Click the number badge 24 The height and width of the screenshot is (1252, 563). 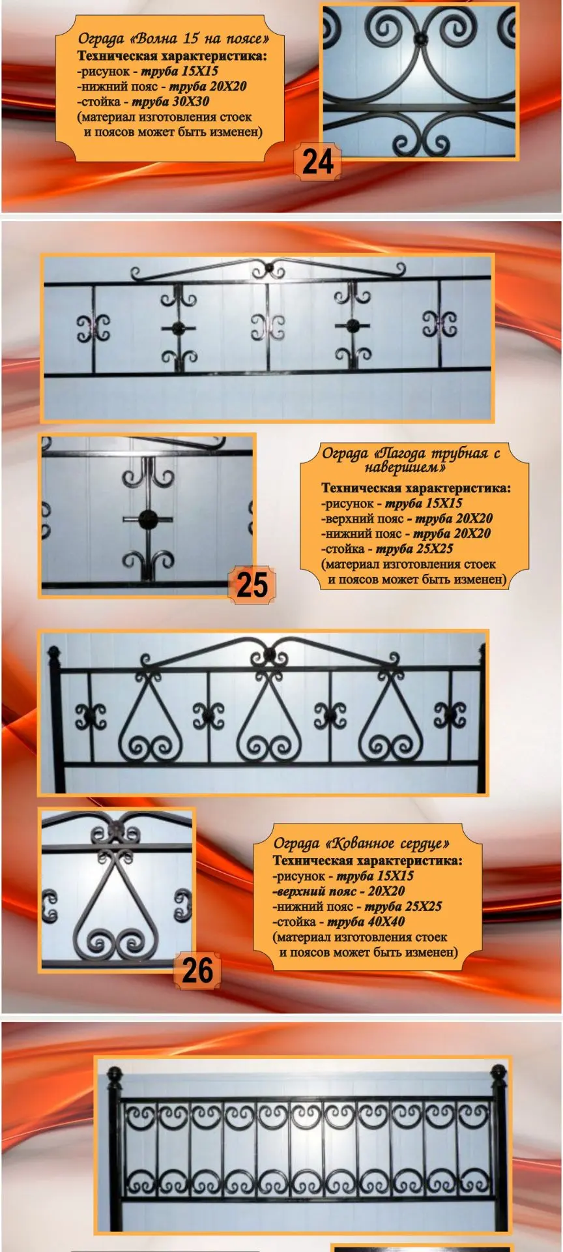[317, 161]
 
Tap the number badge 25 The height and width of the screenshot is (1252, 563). [252, 584]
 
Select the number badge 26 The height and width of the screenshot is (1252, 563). [197, 971]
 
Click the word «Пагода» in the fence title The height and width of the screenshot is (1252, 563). [403, 453]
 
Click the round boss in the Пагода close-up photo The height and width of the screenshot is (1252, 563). [147, 520]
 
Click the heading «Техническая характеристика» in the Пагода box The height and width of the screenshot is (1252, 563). [416, 488]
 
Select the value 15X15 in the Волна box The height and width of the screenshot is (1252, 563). [198, 71]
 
